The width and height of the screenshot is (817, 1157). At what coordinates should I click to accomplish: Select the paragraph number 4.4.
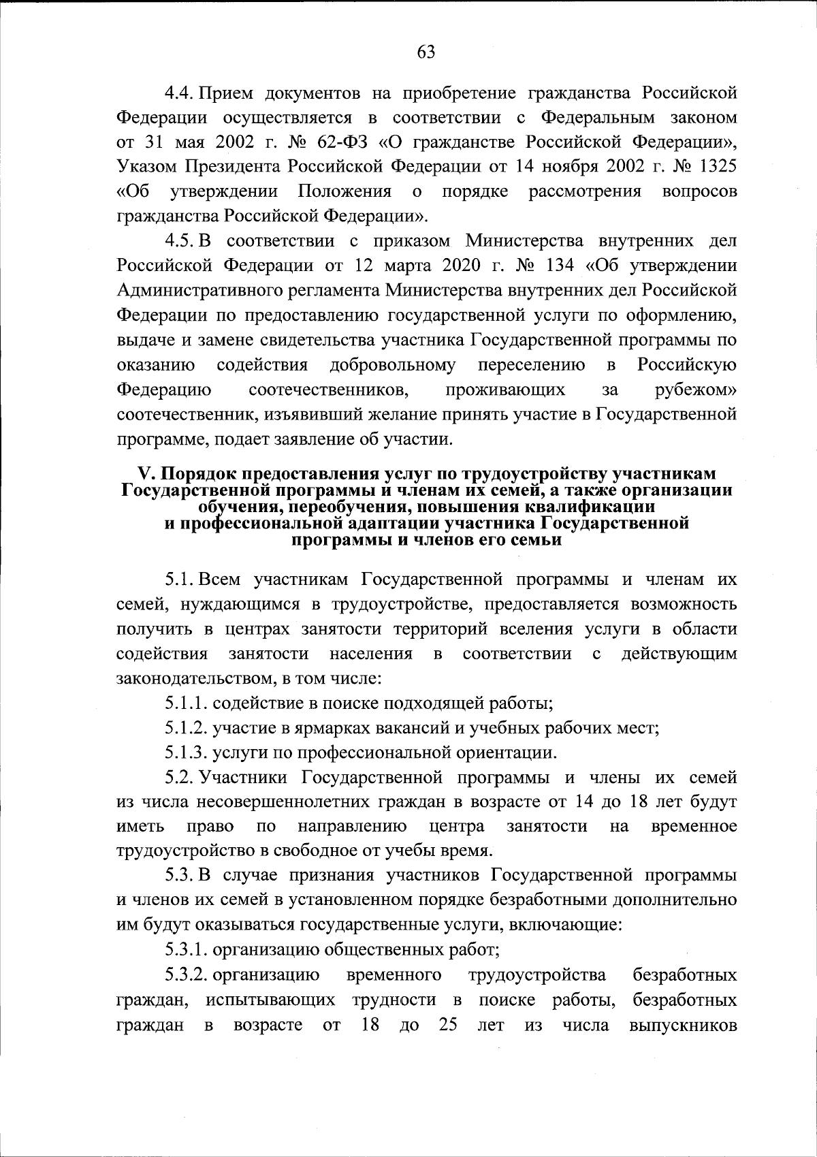point(180,93)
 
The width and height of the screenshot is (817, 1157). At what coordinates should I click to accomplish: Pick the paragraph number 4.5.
point(180,242)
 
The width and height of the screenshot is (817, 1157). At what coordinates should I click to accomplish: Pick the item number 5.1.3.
point(185,752)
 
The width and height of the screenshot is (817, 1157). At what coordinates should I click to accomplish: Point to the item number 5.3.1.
point(185,949)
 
